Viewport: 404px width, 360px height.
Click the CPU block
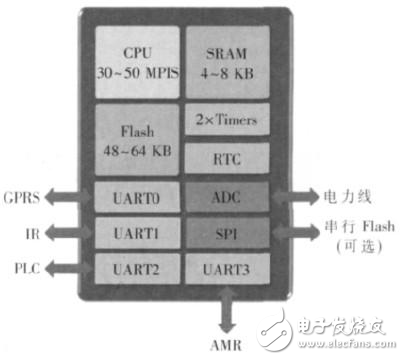[137, 61]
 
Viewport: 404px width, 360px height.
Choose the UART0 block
[137, 198]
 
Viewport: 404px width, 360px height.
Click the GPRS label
[21, 197]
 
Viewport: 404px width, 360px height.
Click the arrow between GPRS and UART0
[69, 198]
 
